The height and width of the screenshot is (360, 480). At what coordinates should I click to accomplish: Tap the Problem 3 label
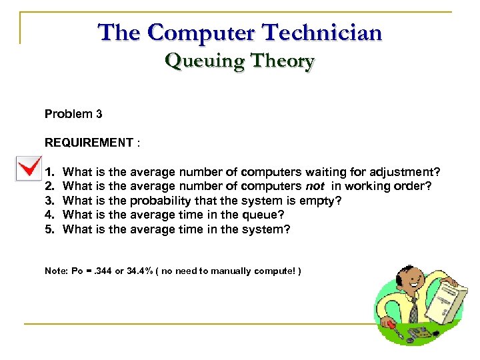tap(73, 114)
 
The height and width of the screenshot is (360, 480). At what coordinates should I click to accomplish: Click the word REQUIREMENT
tap(89, 143)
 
